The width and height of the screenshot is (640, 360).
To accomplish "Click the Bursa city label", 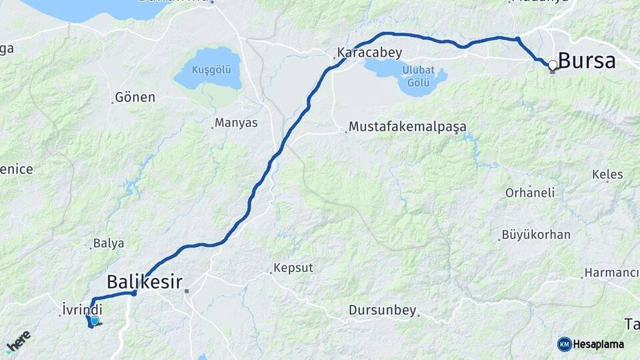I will tap(587, 61).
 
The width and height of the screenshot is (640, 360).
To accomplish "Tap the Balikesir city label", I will tap(145, 281).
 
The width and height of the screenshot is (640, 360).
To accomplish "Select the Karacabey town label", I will tap(364, 51).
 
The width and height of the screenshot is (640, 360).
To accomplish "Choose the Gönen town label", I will tap(135, 97).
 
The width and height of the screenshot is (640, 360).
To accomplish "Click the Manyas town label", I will tap(237, 123).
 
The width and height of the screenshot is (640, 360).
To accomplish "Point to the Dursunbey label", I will tap(382, 311).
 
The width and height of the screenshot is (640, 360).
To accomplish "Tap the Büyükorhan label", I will tap(536, 235).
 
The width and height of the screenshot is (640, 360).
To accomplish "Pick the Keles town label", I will tap(607, 175).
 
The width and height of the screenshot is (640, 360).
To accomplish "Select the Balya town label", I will tap(109, 243).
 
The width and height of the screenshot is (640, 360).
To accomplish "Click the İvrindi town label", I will tap(82, 309).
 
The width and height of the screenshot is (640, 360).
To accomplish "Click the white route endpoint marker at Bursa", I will tap(553, 65).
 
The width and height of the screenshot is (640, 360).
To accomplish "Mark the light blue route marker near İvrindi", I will tap(95, 321).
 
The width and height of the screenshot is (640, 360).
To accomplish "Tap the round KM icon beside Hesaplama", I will tap(564, 344).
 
